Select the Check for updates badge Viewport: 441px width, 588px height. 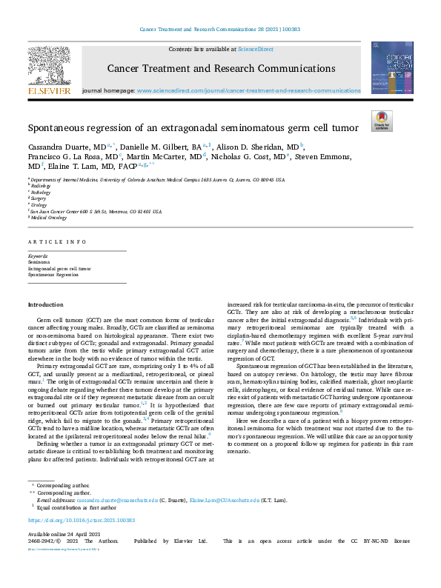(x=381, y=120)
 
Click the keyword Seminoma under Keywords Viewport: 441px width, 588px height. (x=39, y=262)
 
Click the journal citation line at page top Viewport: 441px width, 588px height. (x=219, y=30)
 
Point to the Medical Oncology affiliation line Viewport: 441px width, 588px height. (x=47, y=217)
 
